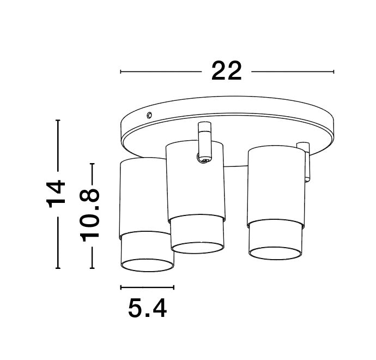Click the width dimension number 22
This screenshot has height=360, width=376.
[x=227, y=71]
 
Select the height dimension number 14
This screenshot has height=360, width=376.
[x=57, y=194]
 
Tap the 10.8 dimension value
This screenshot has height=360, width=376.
[x=91, y=214]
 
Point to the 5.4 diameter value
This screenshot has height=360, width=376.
[x=147, y=309]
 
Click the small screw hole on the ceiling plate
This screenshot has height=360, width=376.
[x=149, y=115]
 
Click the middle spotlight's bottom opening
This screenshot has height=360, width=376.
[x=197, y=247]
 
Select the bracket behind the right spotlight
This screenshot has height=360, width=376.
[x=305, y=161]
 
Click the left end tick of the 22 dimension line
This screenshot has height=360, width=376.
[x=120, y=71]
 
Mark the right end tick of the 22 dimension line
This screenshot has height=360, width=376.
[x=333, y=71]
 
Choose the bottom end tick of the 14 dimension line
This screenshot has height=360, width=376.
[x=57, y=268]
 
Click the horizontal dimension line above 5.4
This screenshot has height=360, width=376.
[x=147, y=287]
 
